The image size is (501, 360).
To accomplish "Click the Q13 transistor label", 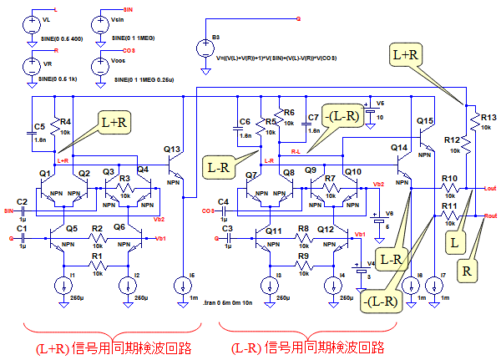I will click(x=173, y=150).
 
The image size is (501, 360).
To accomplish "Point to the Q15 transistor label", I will click(x=425, y=122).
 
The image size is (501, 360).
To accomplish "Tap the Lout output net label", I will click(x=490, y=190).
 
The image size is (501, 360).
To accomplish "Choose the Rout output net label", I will click(x=490, y=215).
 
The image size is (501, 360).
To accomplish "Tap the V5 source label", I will click(x=380, y=103).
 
